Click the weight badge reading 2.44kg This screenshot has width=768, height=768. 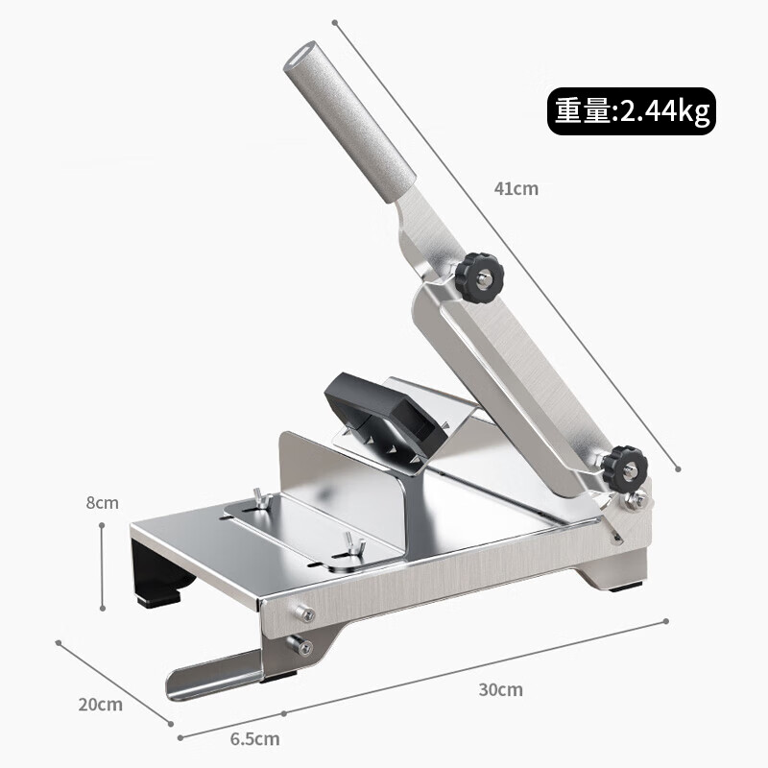631,112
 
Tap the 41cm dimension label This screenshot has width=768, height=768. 516,188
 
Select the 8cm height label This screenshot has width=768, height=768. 102,502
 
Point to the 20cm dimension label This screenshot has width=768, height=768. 100,704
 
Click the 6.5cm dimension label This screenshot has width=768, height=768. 255,738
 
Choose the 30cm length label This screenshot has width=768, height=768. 500,689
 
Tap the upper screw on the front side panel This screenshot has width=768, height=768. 304,615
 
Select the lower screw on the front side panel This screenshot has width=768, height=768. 304,647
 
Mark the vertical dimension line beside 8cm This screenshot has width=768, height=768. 103,566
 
